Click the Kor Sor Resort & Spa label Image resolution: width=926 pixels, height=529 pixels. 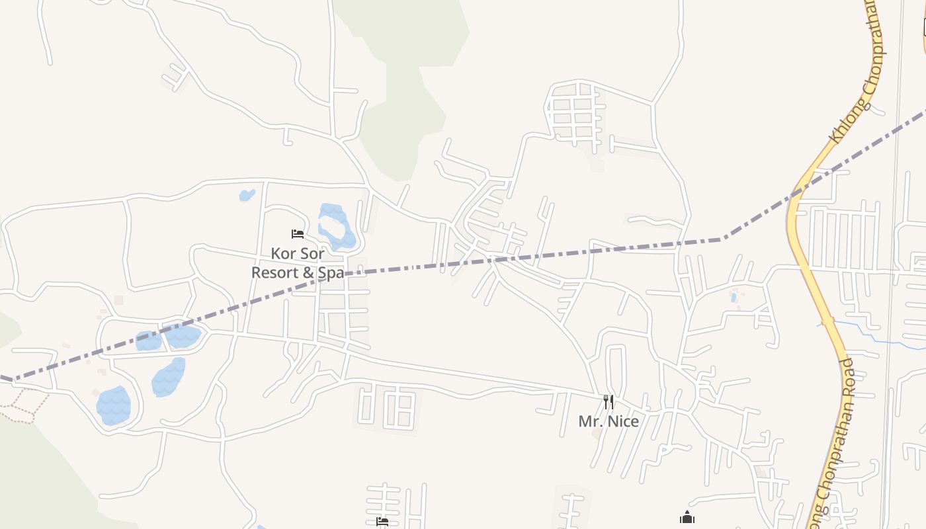(298, 263)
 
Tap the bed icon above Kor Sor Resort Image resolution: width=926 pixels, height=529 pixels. (298, 234)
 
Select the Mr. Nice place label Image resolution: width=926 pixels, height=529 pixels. (609, 421)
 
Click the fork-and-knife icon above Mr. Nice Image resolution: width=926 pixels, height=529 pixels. (609, 401)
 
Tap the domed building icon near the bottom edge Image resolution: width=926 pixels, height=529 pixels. (687, 518)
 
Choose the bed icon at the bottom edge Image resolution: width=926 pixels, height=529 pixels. (382, 522)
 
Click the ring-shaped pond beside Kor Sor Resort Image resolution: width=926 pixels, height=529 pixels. (336, 226)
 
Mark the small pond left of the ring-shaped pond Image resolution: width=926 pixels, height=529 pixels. (247, 195)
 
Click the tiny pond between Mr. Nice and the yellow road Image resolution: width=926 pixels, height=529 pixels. (734, 298)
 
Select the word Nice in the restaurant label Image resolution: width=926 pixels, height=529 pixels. (624, 421)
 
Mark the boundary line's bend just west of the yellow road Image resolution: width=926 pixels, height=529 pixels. (722, 239)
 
